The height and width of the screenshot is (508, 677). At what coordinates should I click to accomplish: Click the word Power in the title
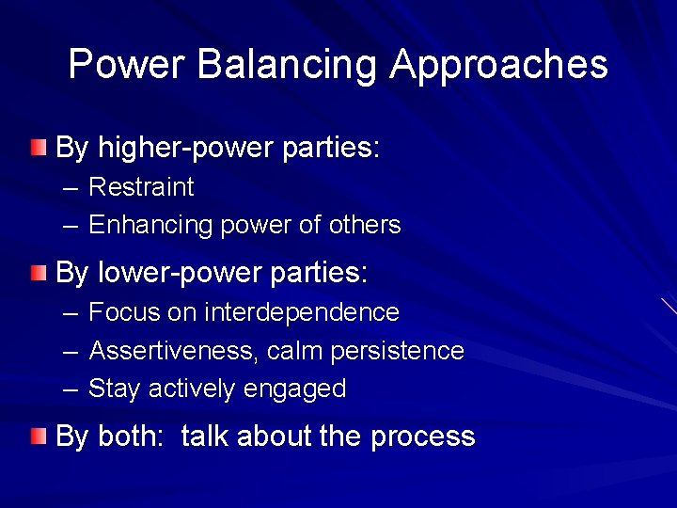(x=126, y=65)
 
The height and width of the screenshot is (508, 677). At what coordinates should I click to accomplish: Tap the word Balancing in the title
(x=287, y=65)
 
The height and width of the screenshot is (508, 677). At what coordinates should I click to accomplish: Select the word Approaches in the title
(x=499, y=65)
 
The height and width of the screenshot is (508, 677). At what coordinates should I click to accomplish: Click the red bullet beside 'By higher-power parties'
(x=37, y=147)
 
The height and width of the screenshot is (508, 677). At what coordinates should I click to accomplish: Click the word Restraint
(x=141, y=187)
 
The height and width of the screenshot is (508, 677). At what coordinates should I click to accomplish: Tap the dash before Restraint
(x=72, y=187)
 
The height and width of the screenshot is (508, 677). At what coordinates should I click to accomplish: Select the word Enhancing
(x=150, y=226)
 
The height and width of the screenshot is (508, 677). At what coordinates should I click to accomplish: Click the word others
(x=365, y=226)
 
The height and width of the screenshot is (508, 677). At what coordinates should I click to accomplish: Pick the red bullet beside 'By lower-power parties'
(x=37, y=274)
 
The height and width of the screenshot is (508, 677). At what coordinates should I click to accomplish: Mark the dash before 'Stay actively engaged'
(x=72, y=389)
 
